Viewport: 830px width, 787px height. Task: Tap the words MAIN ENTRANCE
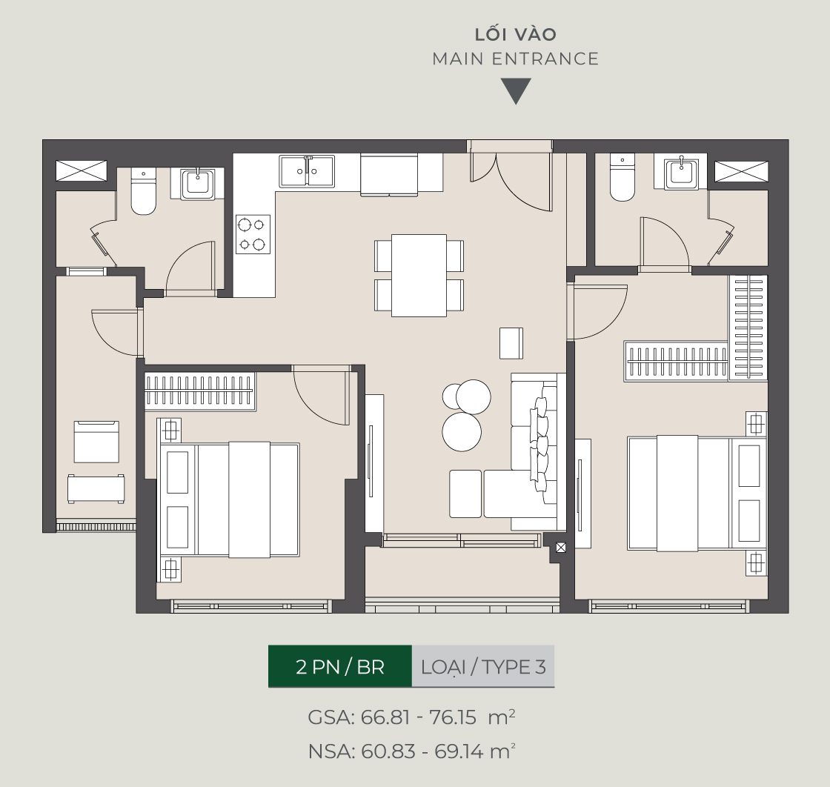(516, 59)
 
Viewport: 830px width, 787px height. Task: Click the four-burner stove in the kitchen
(253, 234)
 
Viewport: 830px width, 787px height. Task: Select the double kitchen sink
(307, 171)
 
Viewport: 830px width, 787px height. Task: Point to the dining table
(419, 276)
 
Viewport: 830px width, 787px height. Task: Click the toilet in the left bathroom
(144, 191)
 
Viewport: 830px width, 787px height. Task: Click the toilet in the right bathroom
(622, 177)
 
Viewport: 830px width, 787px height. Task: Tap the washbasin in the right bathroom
(681, 171)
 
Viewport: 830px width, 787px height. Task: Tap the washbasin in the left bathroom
(198, 184)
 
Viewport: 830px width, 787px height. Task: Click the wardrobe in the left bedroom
(200, 391)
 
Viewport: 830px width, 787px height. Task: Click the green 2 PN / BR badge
(340, 666)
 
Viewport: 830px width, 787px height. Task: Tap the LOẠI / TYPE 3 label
(483, 666)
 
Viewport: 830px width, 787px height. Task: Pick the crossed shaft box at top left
(82, 171)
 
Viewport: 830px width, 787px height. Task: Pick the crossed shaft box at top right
(741, 171)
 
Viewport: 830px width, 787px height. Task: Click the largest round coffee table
(462, 432)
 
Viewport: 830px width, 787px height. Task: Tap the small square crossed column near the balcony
(561, 548)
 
